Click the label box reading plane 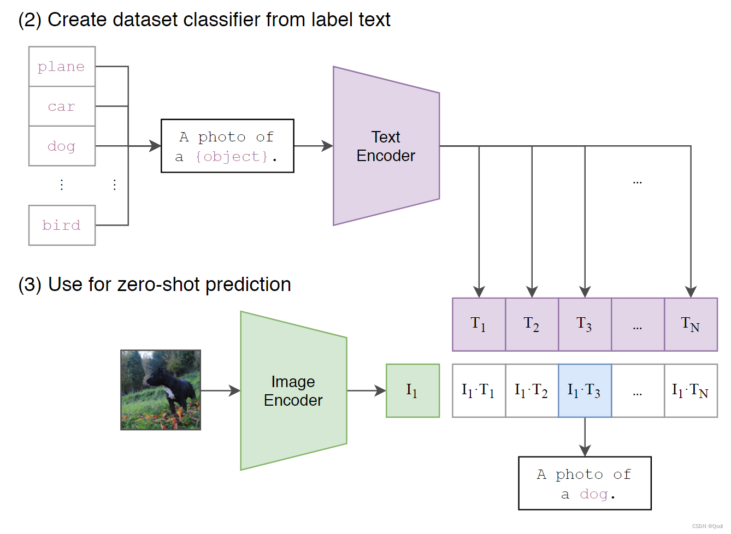click(62, 67)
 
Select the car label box click(62, 106)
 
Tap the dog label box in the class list click(62, 146)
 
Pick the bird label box click(62, 225)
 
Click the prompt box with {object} click(227, 146)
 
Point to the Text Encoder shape click(386, 146)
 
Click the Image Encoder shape click(293, 390)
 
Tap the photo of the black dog click(161, 390)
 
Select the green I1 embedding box click(412, 390)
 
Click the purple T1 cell click(479, 324)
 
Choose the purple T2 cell click(532, 324)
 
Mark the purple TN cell click(691, 324)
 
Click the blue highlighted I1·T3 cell click(585, 390)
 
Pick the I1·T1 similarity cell click(479, 390)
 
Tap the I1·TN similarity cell click(691, 390)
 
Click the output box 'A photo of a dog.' click(585, 483)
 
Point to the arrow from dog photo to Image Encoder click(220, 390)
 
